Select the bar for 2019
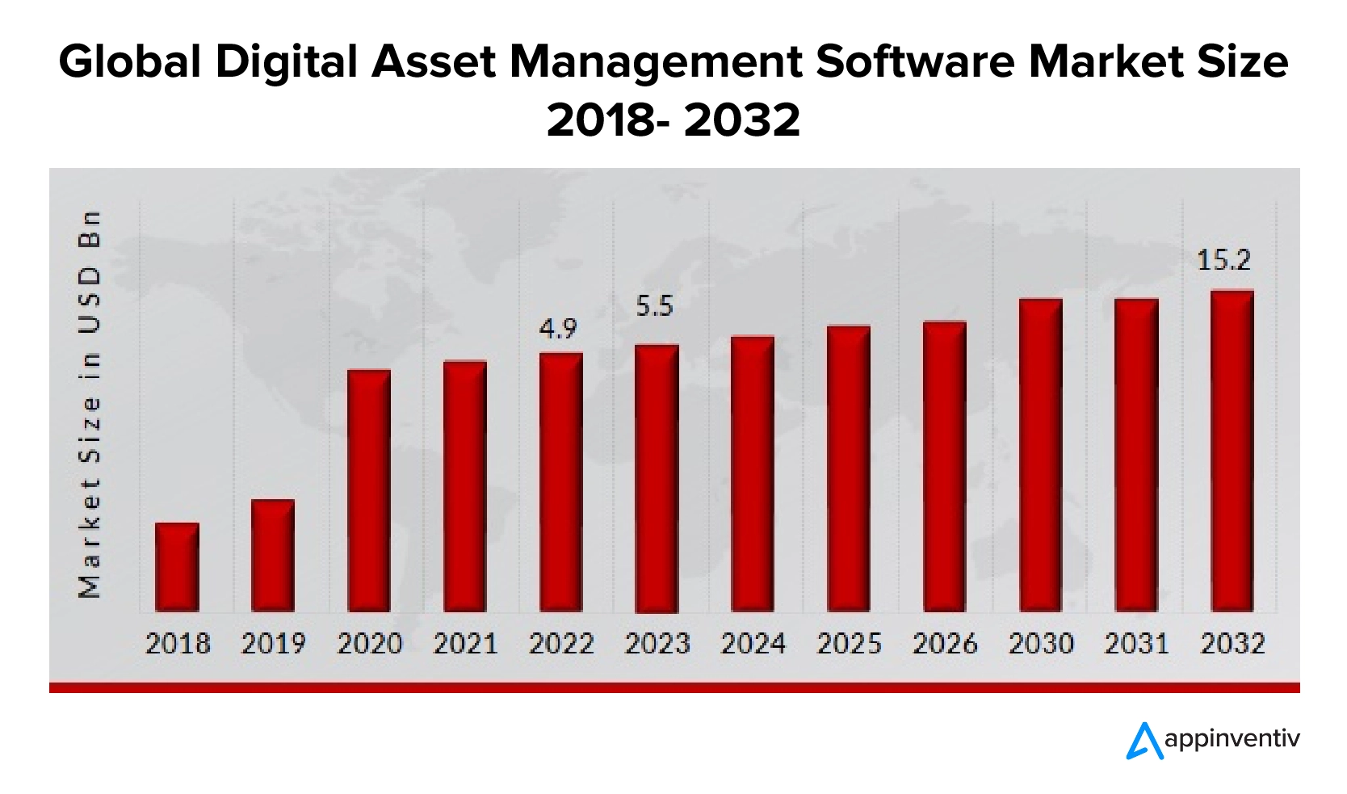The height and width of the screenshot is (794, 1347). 273,555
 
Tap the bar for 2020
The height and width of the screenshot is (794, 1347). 369,490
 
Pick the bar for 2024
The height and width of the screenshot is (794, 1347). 753,473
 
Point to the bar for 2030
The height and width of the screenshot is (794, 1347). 1041,455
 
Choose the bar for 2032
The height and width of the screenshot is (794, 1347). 1232,451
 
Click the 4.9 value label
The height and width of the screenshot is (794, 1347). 558,329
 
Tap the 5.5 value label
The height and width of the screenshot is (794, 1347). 654,306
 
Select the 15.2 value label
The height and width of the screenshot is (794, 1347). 1223,260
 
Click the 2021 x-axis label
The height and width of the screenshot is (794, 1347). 465,644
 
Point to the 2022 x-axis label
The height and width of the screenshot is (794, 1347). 561,644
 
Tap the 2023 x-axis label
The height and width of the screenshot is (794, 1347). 657,644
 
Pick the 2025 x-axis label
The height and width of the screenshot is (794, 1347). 849,644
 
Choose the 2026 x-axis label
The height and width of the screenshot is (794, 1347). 945,644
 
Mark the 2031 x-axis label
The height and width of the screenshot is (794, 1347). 1136,644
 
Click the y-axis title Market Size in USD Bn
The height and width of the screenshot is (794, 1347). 90,404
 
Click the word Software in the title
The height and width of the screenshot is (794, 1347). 915,62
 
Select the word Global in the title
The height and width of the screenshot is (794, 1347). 129,62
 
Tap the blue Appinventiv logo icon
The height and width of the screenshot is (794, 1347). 1143,740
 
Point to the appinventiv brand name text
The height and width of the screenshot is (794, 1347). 1232,739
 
